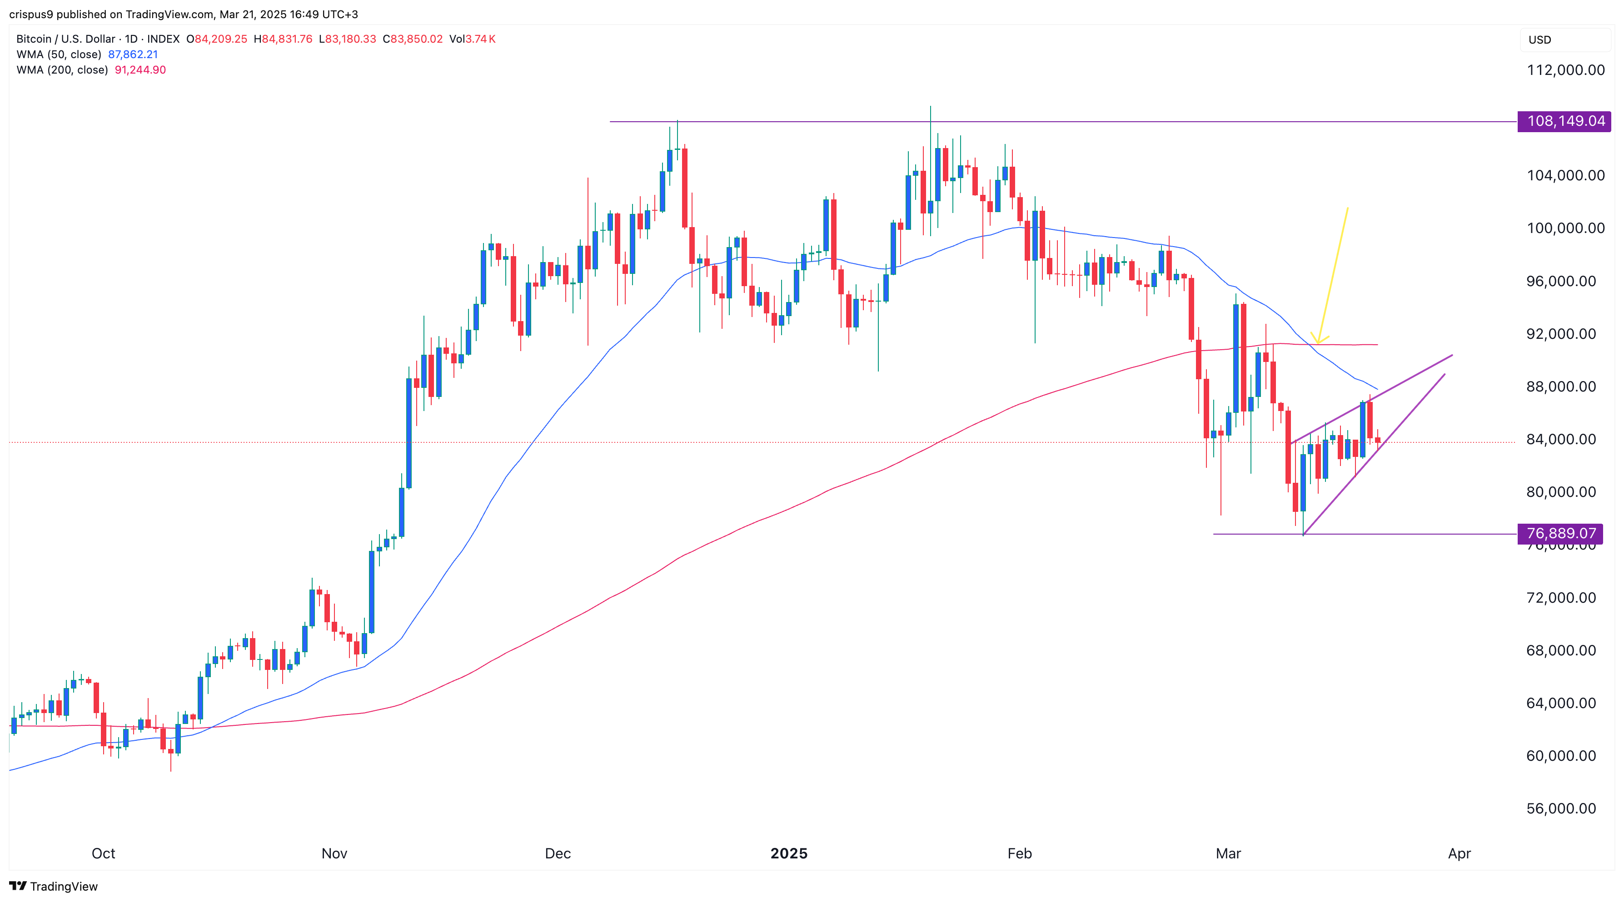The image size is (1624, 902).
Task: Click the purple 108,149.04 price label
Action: click(1565, 121)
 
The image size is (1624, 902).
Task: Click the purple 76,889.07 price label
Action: click(1560, 533)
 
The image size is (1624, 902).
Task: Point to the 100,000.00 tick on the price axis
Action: click(1565, 228)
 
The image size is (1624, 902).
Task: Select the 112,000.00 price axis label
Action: click(1565, 70)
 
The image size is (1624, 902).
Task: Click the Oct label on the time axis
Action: click(104, 853)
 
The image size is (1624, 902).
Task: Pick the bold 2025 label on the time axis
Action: click(789, 853)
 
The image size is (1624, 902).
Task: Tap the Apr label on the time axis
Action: click(1459, 853)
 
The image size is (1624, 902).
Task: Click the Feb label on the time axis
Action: click(1019, 853)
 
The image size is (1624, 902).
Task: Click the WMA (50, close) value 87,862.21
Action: click(133, 54)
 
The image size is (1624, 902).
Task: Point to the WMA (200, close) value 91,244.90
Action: click(140, 70)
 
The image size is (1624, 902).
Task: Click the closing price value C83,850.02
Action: click(413, 39)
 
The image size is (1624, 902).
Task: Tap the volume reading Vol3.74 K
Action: click(472, 39)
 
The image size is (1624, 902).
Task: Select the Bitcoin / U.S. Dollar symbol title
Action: click(65, 39)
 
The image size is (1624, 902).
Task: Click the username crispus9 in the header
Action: click(31, 14)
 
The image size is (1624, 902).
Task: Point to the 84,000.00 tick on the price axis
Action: click(1565, 439)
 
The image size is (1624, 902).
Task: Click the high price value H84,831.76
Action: click(283, 39)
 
